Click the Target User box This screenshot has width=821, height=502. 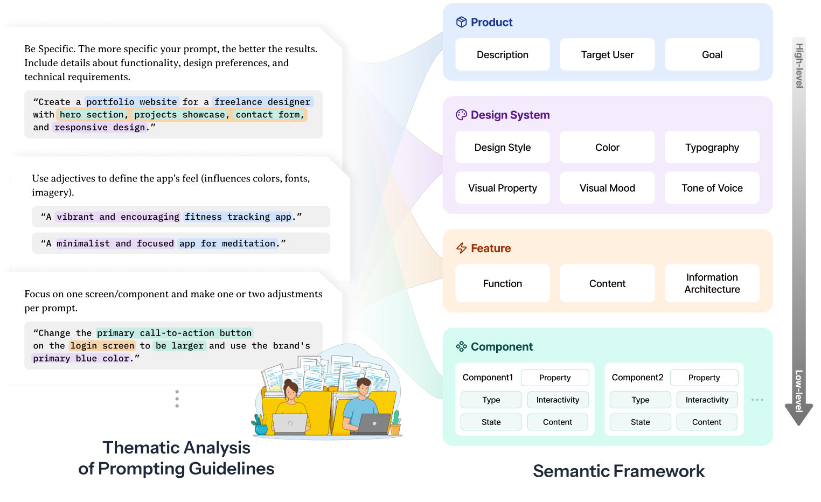pyautogui.click(x=607, y=54)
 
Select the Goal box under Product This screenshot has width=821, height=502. pyautogui.click(x=712, y=54)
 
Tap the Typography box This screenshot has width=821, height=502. pyautogui.click(x=712, y=147)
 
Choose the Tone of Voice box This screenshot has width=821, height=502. pyautogui.click(x=712, y=188)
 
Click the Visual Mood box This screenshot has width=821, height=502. pyautogui.click(x=607, y=188)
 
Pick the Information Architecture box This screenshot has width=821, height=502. pyautogui.click(x=712, y=283)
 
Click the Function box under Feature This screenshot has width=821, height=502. pyautogui.click(x=502, y=283)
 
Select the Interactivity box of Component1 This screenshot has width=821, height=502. pyautogui.click(x=558, y=400)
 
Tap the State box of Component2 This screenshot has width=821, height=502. pyautogui.click(x=640, y=422)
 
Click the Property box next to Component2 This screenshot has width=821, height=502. pyautogui.click(x=704, y=378)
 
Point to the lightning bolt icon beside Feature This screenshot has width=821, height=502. pyautogui.click(x=461, y=248)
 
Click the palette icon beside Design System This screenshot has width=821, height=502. pyautogui.click(x=461, y=115)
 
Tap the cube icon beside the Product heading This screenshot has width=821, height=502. pyautogui.click(x=461, y=22)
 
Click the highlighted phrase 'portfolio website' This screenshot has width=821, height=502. pyautogui.click(x=131, y=102)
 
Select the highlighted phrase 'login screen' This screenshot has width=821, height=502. pyautogui.click(x=102, y=346)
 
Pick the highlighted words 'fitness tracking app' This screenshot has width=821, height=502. pyautogui.click(x=238, y=217)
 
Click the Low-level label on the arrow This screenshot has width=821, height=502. pyautogui.click(x=798, y=391)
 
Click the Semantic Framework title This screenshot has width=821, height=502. pyautogui.click(x=618, y=471)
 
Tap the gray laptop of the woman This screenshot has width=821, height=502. pyautogui.click(x=290, y=423)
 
